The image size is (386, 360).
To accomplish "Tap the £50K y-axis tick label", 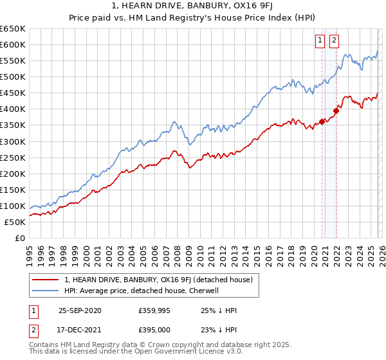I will (x=15, y=222).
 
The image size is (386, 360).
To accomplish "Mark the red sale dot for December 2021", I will (x=336, y=110).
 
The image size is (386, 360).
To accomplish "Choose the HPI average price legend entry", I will (x=142, y=291).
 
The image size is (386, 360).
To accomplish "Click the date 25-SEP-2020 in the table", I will (x=80, y=310).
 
